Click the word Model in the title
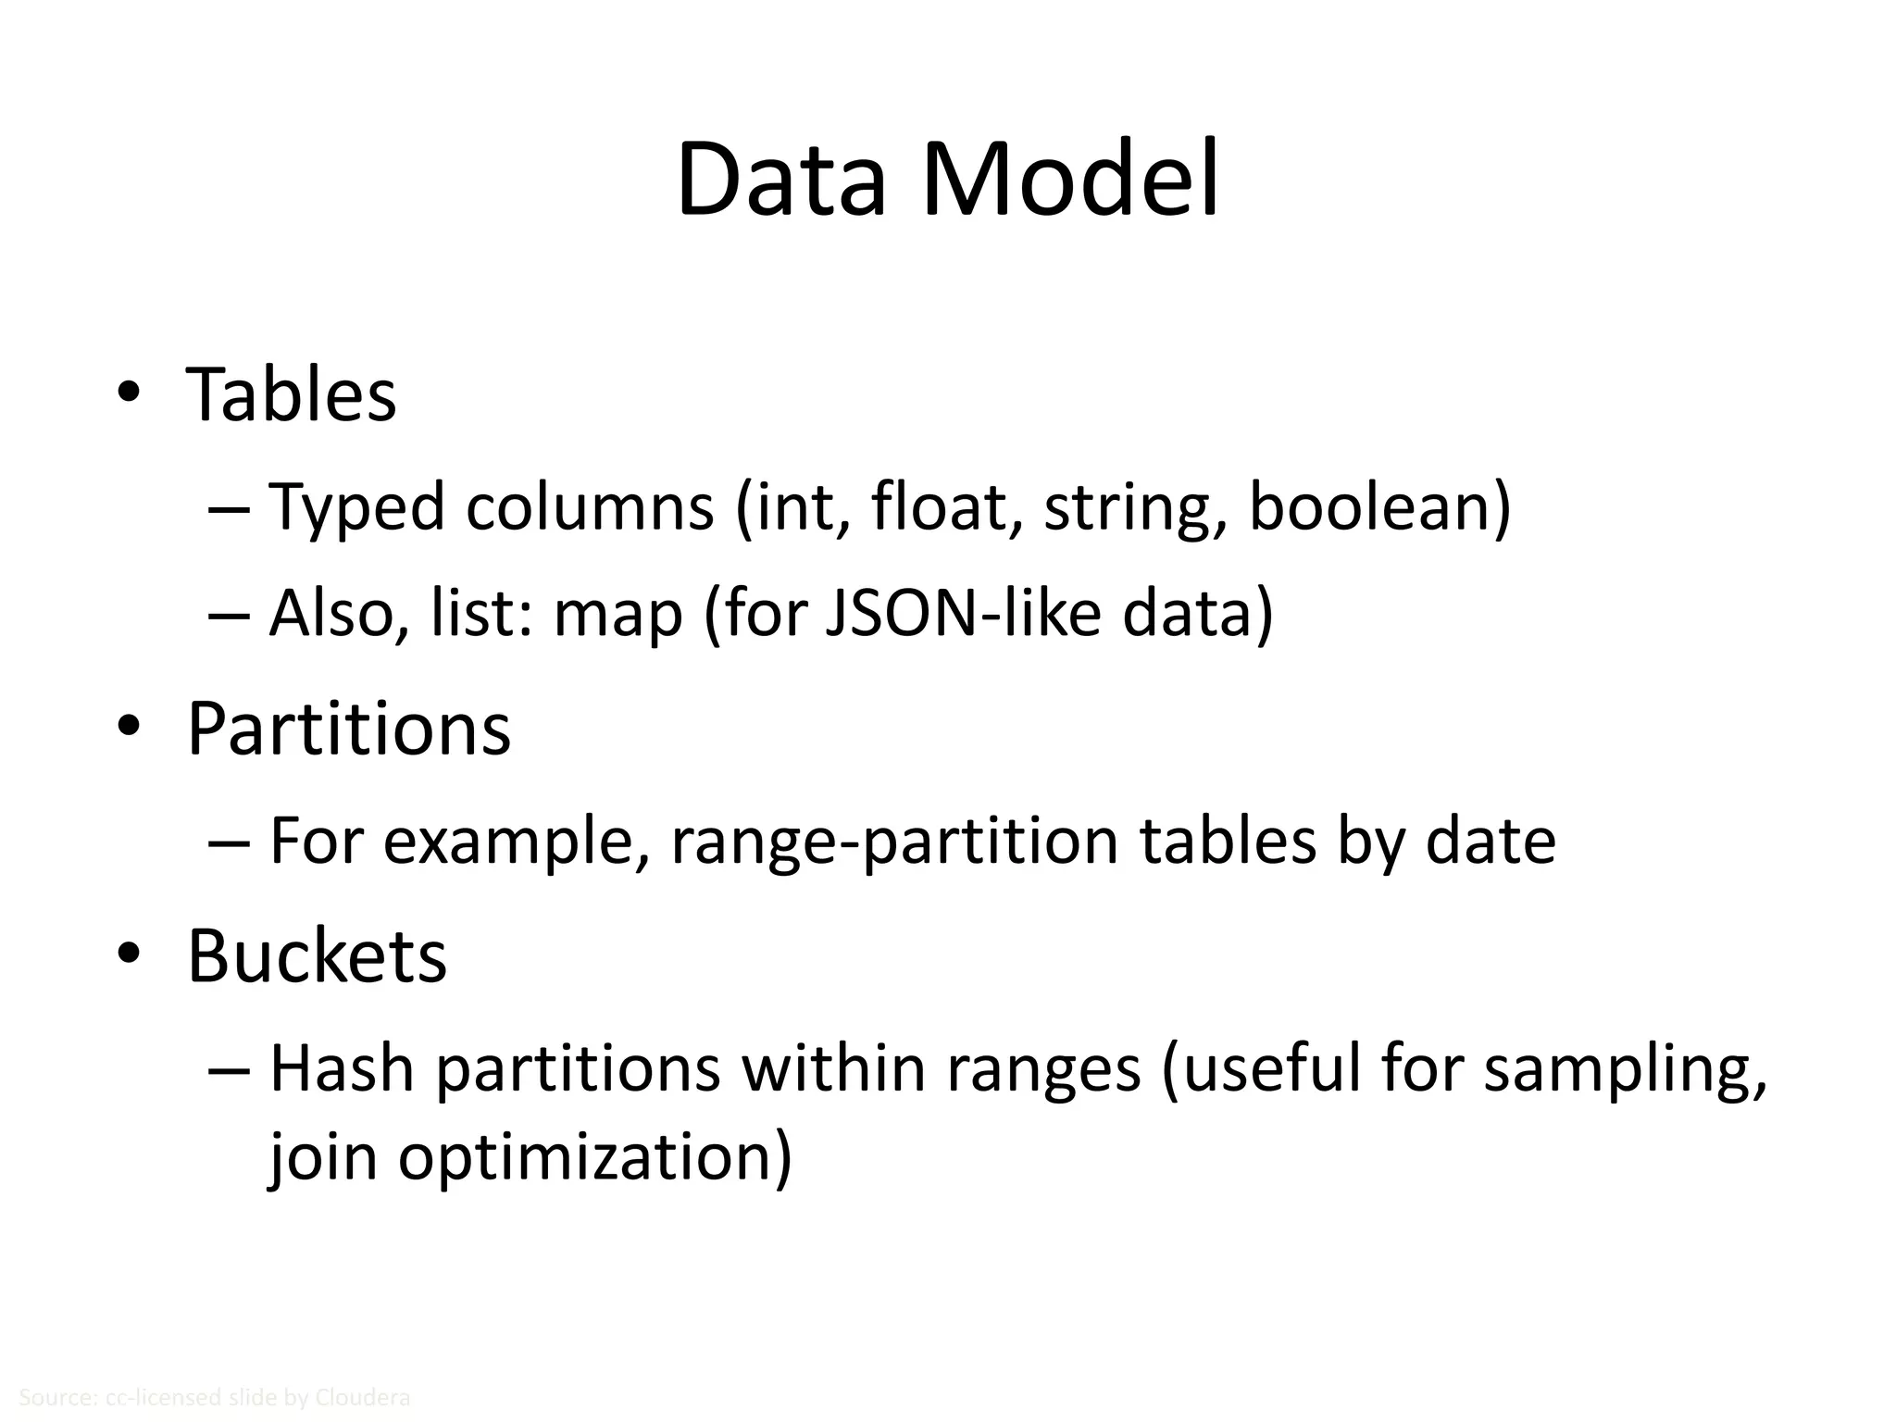(x=1069, y=180)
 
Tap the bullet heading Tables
(x=292, y=394)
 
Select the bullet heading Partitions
(x=349, y=730)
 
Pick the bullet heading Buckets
(x=318, y=955)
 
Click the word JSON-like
(x=962, y=613)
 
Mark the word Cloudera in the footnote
(x=362, y=1397)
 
